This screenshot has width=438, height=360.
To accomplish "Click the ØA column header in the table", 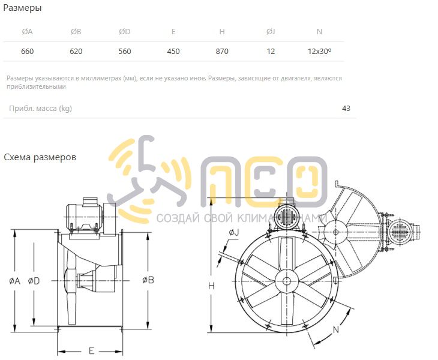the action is (28, 32).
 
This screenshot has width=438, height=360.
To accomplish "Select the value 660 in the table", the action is (28, 52).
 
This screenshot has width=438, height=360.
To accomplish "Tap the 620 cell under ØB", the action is (76, 52).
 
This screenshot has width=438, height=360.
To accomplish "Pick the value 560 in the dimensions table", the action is (125, 52).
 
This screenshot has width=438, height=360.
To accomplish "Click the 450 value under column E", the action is (173, 52).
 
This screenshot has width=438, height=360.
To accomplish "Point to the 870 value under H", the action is (222, 52).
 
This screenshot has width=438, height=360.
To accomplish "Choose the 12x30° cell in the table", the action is (320, 52).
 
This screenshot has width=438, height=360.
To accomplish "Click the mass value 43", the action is (346, 109).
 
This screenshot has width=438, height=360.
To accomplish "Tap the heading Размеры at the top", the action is (22, 8).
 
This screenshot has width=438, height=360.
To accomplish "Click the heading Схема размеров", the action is (40, 157).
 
